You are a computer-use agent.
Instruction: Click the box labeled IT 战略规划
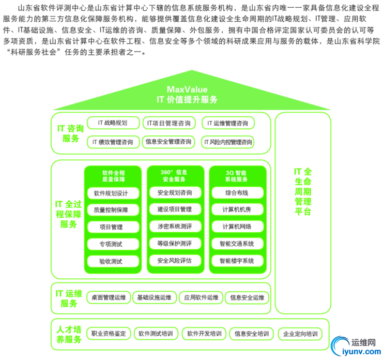tap(112, 123)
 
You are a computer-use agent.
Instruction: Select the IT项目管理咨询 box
tap(168, 123)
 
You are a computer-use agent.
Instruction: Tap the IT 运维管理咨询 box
tap(227, 123)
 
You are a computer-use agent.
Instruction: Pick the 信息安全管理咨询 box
tap(168, 141)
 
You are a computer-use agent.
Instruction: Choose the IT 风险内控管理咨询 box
tap(228, 141)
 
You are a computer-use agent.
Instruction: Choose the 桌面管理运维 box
tap(108, 297)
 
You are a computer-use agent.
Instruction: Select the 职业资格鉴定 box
tap(108, 334)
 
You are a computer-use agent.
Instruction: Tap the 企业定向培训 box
tap(300, 334)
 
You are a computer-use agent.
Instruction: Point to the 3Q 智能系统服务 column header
tap(237, 176)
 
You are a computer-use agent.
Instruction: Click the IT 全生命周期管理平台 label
tap(302, 191)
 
